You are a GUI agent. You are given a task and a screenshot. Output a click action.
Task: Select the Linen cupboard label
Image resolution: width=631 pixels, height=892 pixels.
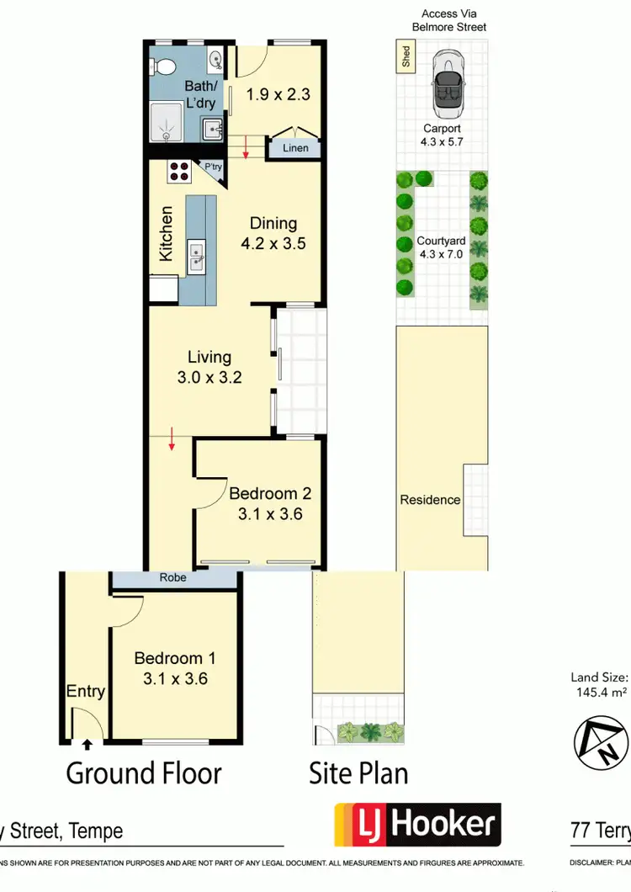point(294,148)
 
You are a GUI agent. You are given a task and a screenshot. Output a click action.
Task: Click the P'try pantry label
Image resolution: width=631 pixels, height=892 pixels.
point(214,167)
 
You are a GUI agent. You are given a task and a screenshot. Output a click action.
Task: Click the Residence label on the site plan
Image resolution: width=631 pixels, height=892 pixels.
point(430,500)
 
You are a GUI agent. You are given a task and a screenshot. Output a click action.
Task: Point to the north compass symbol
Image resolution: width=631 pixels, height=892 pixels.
point(601,741)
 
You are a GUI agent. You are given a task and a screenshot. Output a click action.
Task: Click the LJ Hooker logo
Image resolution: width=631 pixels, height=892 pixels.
point(417,825)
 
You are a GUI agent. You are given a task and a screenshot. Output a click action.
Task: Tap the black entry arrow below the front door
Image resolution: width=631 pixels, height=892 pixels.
point(87,743)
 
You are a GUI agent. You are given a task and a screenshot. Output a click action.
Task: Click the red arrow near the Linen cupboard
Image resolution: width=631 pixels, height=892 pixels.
point(247,151)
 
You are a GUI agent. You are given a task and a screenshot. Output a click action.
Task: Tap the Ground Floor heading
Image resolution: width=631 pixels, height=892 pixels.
point(144,773)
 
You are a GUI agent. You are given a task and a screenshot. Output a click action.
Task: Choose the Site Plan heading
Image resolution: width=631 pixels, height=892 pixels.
point(359,773)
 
